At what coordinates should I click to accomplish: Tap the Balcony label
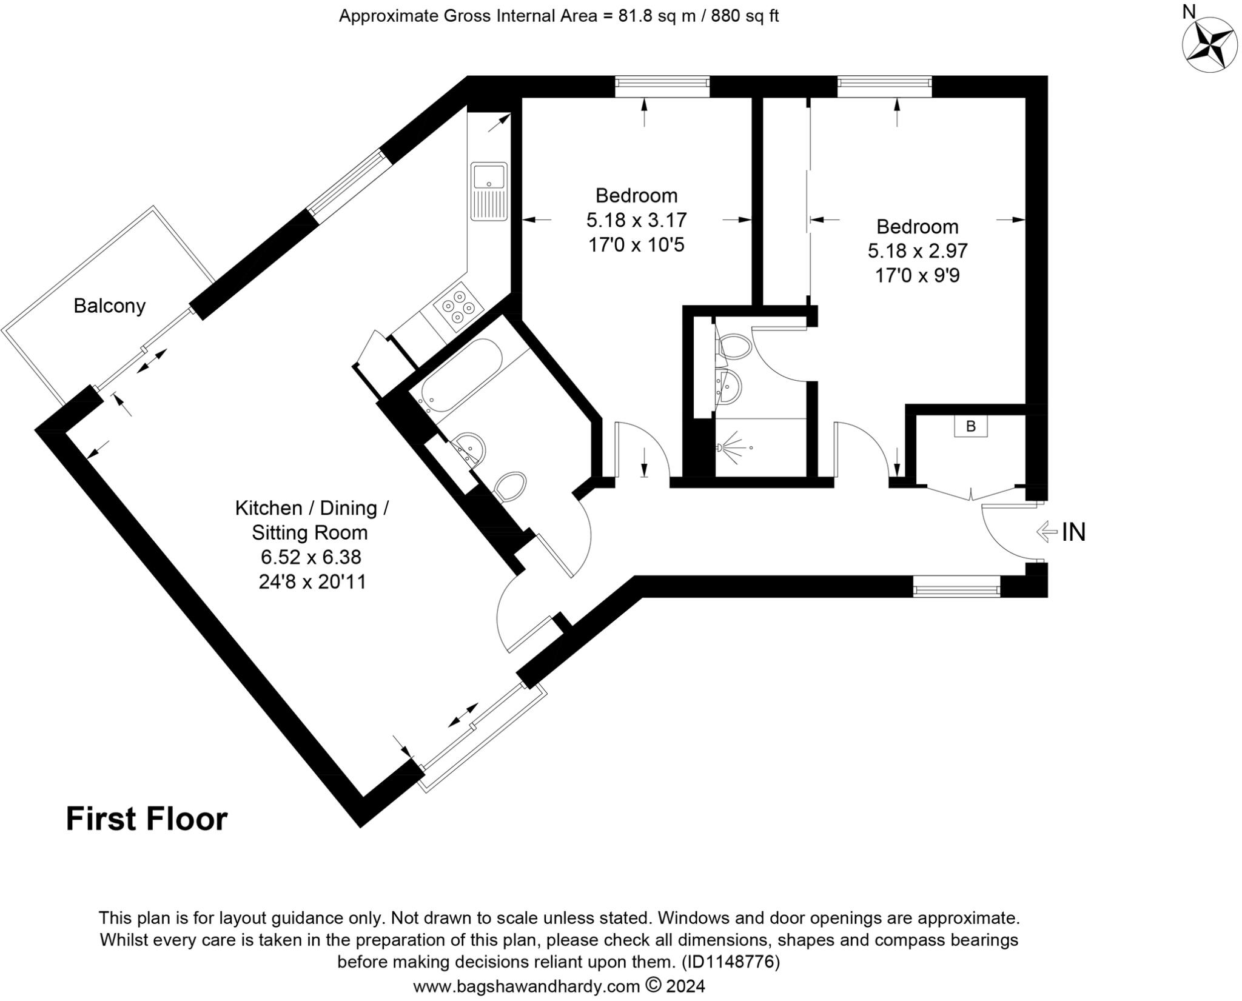109,306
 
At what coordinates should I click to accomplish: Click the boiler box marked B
970,426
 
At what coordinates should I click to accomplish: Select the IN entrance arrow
1047,532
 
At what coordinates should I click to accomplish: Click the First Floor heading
146,819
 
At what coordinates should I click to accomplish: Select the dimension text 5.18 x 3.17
636,219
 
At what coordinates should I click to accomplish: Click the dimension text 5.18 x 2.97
917,250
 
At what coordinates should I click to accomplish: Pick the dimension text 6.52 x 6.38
310,557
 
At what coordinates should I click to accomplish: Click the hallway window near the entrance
956,586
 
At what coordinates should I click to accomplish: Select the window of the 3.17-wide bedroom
662,86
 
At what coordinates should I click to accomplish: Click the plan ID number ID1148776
730,962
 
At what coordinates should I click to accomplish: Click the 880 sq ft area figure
744,16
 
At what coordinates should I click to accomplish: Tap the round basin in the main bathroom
471,447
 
